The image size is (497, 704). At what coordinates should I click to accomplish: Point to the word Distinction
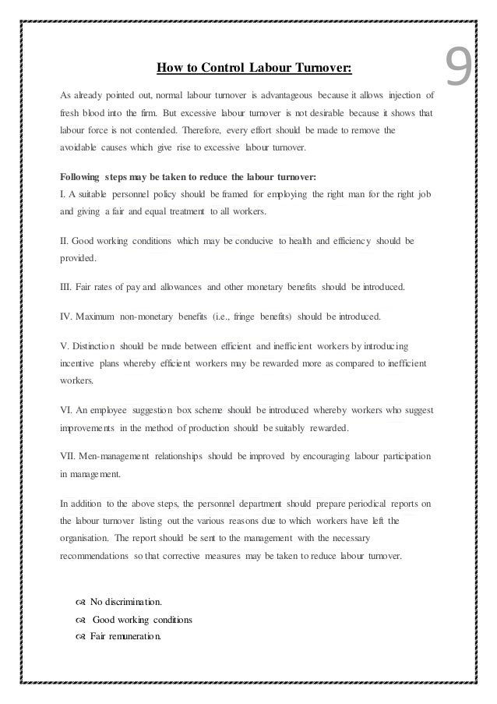(100, 346)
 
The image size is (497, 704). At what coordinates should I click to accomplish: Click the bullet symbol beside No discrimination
(80, 603)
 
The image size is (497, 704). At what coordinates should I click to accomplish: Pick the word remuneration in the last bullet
(135, 636)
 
